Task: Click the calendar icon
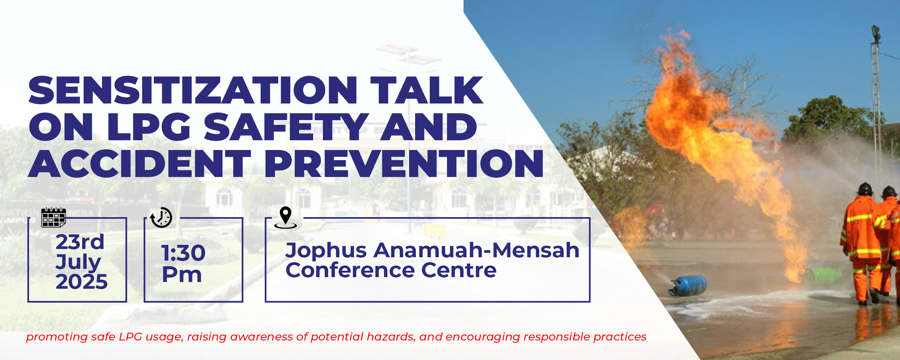[53, 217]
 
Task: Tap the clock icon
[161, 217]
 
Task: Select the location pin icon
[286, 217]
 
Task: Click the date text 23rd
[80, 242]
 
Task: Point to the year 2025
[82, 282]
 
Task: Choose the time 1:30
[183, 253]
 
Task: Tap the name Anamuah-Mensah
[477, 250]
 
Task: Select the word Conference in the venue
[350, 270]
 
